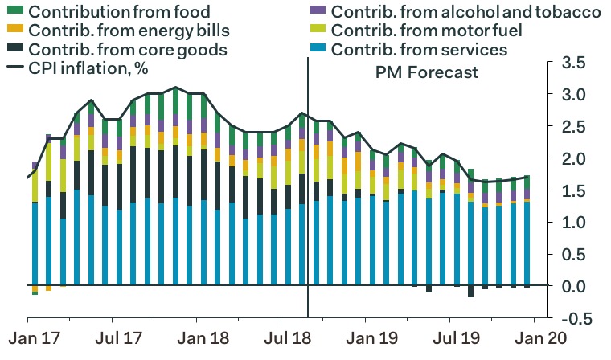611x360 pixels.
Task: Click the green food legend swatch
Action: pos(14,12)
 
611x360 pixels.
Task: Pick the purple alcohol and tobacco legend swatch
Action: pos(318,12)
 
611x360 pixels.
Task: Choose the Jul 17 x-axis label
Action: pos(114,340)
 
